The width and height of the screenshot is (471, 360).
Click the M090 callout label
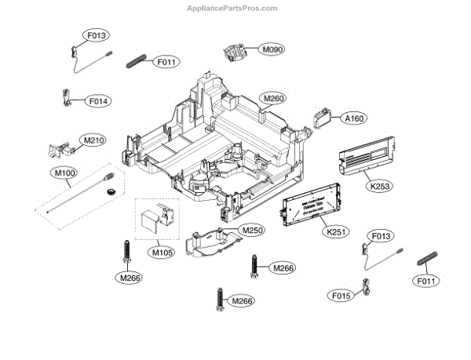pyautogui.click(x=272, y=50)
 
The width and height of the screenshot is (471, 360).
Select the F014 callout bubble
pyautogui.click(x=98, y=101)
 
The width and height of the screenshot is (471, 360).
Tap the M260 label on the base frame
pyautogui.click(x=274, y=98)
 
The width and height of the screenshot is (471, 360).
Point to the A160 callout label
pyautogui.click(x=355, y=118)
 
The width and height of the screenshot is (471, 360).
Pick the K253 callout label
pyautogui.click(x=381, y=186)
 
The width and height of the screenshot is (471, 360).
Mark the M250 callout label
pyautogui.click(x=252, y=231)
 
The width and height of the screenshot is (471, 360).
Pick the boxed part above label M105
pyautogui.click(x=157, y=219)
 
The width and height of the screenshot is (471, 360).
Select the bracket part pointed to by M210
pyautogui.click(x=61, y=148)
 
